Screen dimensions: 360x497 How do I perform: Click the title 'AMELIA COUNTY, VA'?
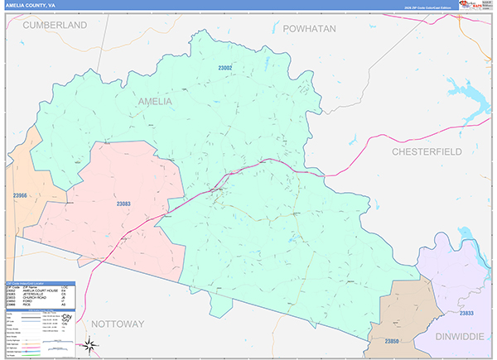click(x=32, y=5)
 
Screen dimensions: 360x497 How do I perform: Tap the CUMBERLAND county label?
click(x=55, y=26)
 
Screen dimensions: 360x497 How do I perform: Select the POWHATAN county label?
click(x=309, y=28)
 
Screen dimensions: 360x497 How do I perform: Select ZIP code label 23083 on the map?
click(x=123, y=204)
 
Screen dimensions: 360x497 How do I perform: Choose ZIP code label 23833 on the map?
click(x=466, y=314)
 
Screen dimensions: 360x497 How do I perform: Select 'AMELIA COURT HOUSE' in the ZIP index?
click(x=41, y=292)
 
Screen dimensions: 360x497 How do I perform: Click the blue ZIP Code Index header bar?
click(x=40, y=283)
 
